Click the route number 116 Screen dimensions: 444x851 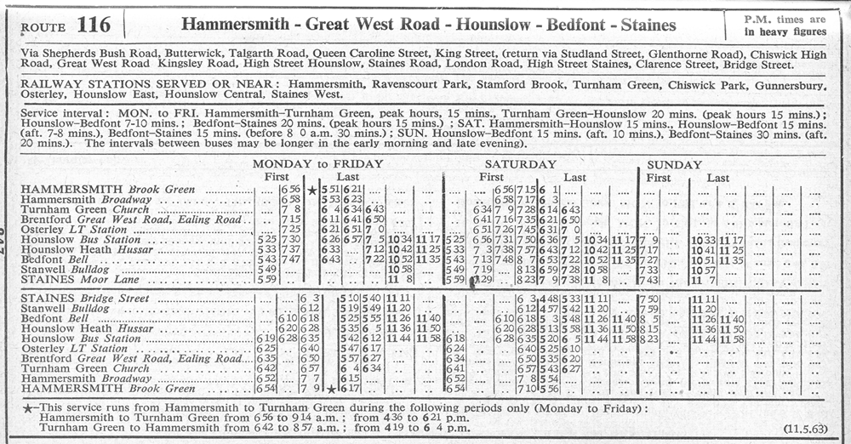tap(93, 25)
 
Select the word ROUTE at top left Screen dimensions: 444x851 tap(44, 27)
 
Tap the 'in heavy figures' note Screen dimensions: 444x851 tap(785, 31)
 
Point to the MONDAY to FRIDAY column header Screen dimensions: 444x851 tap(317, 164)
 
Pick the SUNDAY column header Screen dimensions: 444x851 tap(675, 164)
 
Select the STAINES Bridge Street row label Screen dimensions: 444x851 tap(84, 299)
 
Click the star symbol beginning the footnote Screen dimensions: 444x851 tap(29, 409)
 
